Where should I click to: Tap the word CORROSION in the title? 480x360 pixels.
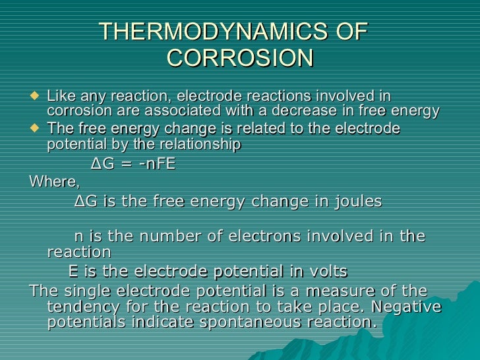[x=240, y=59]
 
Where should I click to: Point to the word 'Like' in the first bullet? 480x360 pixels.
[x=61, y=96]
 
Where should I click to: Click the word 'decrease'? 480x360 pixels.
[x=306, y=111]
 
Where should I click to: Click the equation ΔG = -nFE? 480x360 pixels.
[x=133, y=164]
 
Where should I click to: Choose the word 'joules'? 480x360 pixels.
[x=356, y=201]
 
